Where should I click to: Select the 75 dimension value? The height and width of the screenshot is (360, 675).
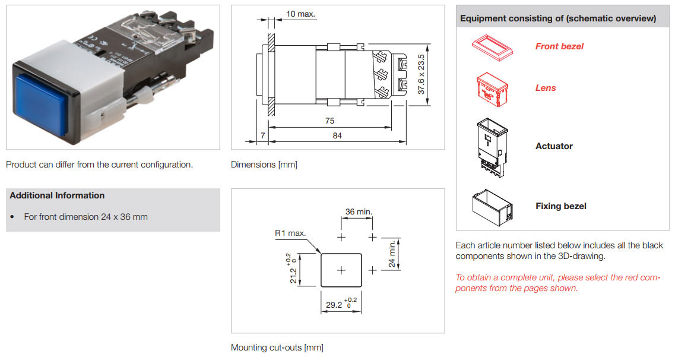click(329, 121)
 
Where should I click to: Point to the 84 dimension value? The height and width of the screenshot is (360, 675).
click(337, 135)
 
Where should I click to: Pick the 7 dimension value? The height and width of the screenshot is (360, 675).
click(262, 135)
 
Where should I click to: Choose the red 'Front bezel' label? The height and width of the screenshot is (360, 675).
click(559, 46)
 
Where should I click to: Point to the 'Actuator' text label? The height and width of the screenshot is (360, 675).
click(554, 146)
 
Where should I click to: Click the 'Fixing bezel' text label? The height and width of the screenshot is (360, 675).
click(560, 206)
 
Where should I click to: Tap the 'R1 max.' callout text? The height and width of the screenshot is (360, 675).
click(290, 233)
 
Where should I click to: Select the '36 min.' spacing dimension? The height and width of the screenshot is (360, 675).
click(359, 211)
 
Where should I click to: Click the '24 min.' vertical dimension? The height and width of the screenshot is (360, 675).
click(392, 253)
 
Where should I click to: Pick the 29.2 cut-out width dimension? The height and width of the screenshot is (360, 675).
click(341, 304)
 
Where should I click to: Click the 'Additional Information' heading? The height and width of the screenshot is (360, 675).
click(57, 195)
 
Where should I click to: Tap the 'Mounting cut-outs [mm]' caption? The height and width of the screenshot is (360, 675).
click(277, 348)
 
